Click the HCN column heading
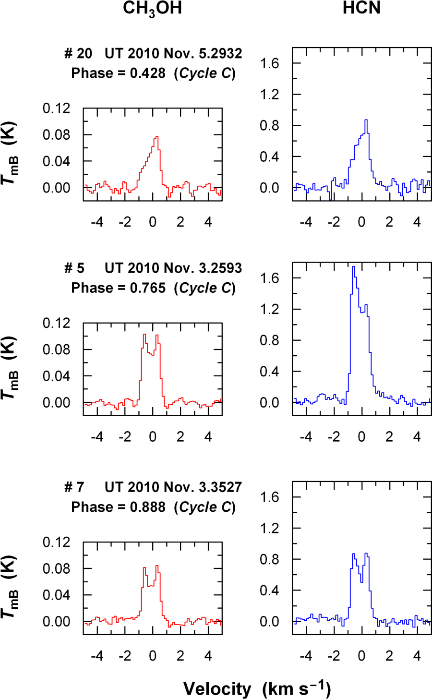pyautogui.click(x=361, y=9)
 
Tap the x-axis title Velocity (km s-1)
pyautogui.click(x=257, y=688)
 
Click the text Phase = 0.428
pyautogui.click(x=118, y=73)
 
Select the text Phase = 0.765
pyautogui.click(x=118, y=288)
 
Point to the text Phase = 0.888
pyautogui.click(x=118, y=507)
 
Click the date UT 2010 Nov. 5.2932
pyautogui.click(x=173, y=53)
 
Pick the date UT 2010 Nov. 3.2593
pyautogui.click(x=173, y=268)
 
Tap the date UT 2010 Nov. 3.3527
pyautogui.click(x=173, y=487)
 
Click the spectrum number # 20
pyautogui.click(x=78, y=53)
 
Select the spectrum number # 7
pyautogui.click(x=74, y=487)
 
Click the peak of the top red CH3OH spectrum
pyautogui.click(x=156, y=137)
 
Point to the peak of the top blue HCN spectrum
pyautogui.click(x=366, y=120)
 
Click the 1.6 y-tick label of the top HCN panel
pyautogui.click(x=269, y=63)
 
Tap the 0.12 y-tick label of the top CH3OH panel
pyautogui.click(x=56, y=108)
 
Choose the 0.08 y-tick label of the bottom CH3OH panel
pyautogui.click(x=56, y=568)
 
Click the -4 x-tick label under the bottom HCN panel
pyautogui.click(x=305, y=655)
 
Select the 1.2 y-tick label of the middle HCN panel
pyautogui.click(x=269, y=309)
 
